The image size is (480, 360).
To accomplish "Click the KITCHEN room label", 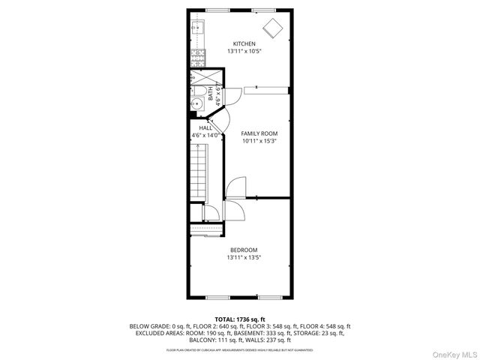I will (244, 43).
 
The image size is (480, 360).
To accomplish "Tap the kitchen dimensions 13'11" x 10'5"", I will (244, 52).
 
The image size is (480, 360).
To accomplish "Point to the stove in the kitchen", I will (199, 55).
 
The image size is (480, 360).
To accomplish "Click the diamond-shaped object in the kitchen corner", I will (272, 28).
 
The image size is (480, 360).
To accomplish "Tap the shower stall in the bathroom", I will (199, 77).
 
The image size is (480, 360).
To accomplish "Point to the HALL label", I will (205, 128).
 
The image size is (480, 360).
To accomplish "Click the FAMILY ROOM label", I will (253, 133).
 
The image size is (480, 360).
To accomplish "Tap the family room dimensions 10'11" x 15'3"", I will (253, 142).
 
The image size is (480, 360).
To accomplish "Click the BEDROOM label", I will (244, 250).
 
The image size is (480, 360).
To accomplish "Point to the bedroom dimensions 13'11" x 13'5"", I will (244, 258).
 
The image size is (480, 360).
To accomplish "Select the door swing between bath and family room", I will (232, 94).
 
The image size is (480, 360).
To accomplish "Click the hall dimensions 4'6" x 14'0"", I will (205, 136).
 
